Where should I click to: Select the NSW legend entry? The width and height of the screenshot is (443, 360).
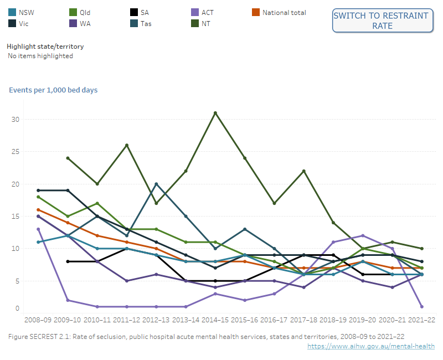[x=26, y=12]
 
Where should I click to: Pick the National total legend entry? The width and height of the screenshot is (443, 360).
[x=284, y=12]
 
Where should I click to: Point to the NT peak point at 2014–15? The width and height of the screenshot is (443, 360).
[x=215, y=113]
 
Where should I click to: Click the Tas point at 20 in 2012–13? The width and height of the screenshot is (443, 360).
[x=157, y=184]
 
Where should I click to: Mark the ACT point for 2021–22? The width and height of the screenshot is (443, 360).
[x=421, y=307]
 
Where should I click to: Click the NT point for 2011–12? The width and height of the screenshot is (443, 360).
[x=127, y=145]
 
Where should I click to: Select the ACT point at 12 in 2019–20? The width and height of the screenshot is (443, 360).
[x=363, y=235]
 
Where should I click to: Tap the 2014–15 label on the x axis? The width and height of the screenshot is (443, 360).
[x=215, y=320]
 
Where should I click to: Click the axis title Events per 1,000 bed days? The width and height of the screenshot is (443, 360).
[x=53, y=90]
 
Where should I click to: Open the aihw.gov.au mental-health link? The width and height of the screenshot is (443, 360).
[x=371, y=346]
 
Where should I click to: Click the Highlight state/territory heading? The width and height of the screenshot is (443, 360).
[x=45, y=47]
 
